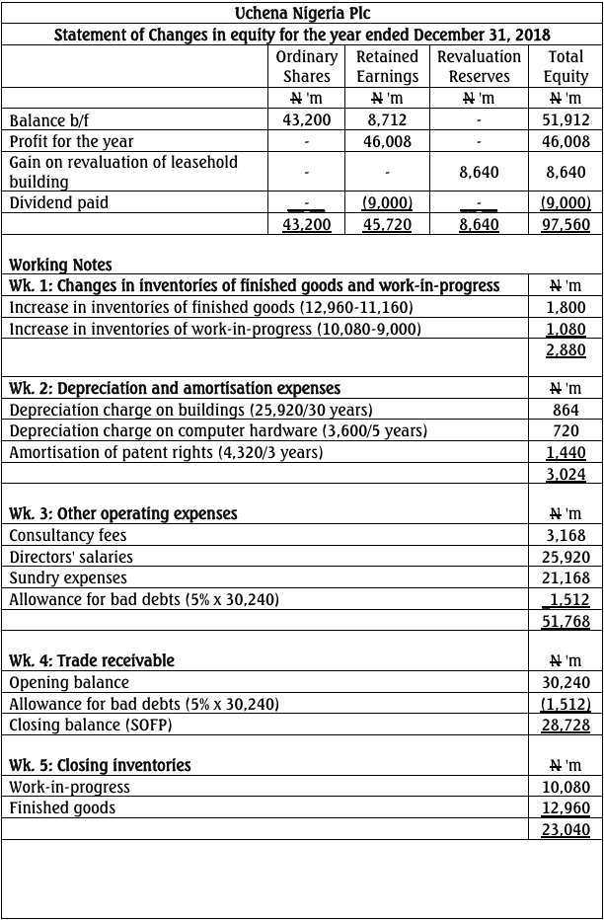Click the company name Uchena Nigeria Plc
click(302, 13)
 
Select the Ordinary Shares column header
click(306, 66)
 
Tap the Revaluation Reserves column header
click(479, 66)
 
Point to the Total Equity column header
click(566, 66)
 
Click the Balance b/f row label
click(49, 120)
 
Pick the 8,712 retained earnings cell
click(387, 120)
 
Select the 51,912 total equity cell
click(566, 120)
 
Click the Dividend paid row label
click(58, 202)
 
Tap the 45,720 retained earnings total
click(387, 224)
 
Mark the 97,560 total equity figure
click(566, 224)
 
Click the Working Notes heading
click(60, 265)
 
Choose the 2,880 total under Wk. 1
click(566, 350)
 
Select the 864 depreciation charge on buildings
click(566, 409)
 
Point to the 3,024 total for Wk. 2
click(566, 475)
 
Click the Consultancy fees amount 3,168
click(566, 535)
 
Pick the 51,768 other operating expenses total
click(566, 621)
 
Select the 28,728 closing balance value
click(566, 725)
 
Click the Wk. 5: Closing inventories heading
click(100, 765)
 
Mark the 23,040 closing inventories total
click(566, 830)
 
